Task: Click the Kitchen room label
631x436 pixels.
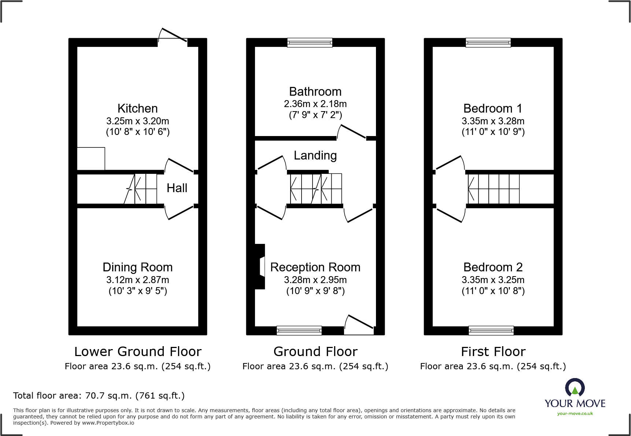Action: click(137, 109)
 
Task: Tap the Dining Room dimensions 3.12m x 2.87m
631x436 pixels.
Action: click(137, 280)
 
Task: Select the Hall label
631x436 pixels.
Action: click(177, 188)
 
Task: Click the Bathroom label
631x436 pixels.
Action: click(315, 92)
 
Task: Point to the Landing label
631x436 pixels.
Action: click(315, 155)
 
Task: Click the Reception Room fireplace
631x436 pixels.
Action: click(261, 267)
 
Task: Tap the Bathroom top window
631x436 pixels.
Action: click(310, 43)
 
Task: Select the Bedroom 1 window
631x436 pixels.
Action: click(488, 43)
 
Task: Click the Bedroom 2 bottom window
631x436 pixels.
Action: click(491, 330)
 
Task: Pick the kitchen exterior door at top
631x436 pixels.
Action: click(173, 37)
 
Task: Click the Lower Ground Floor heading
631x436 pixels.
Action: click(138, 352)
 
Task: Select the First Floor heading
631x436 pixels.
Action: click(493, 352)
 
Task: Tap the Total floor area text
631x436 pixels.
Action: click(99, 396)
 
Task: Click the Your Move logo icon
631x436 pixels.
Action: click(575, 388)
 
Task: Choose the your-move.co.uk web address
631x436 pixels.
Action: click(575, 414)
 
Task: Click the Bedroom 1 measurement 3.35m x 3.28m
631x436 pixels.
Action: click(493, 121)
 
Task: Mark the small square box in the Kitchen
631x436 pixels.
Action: click(91, 159)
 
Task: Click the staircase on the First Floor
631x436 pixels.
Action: click(494, 189)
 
